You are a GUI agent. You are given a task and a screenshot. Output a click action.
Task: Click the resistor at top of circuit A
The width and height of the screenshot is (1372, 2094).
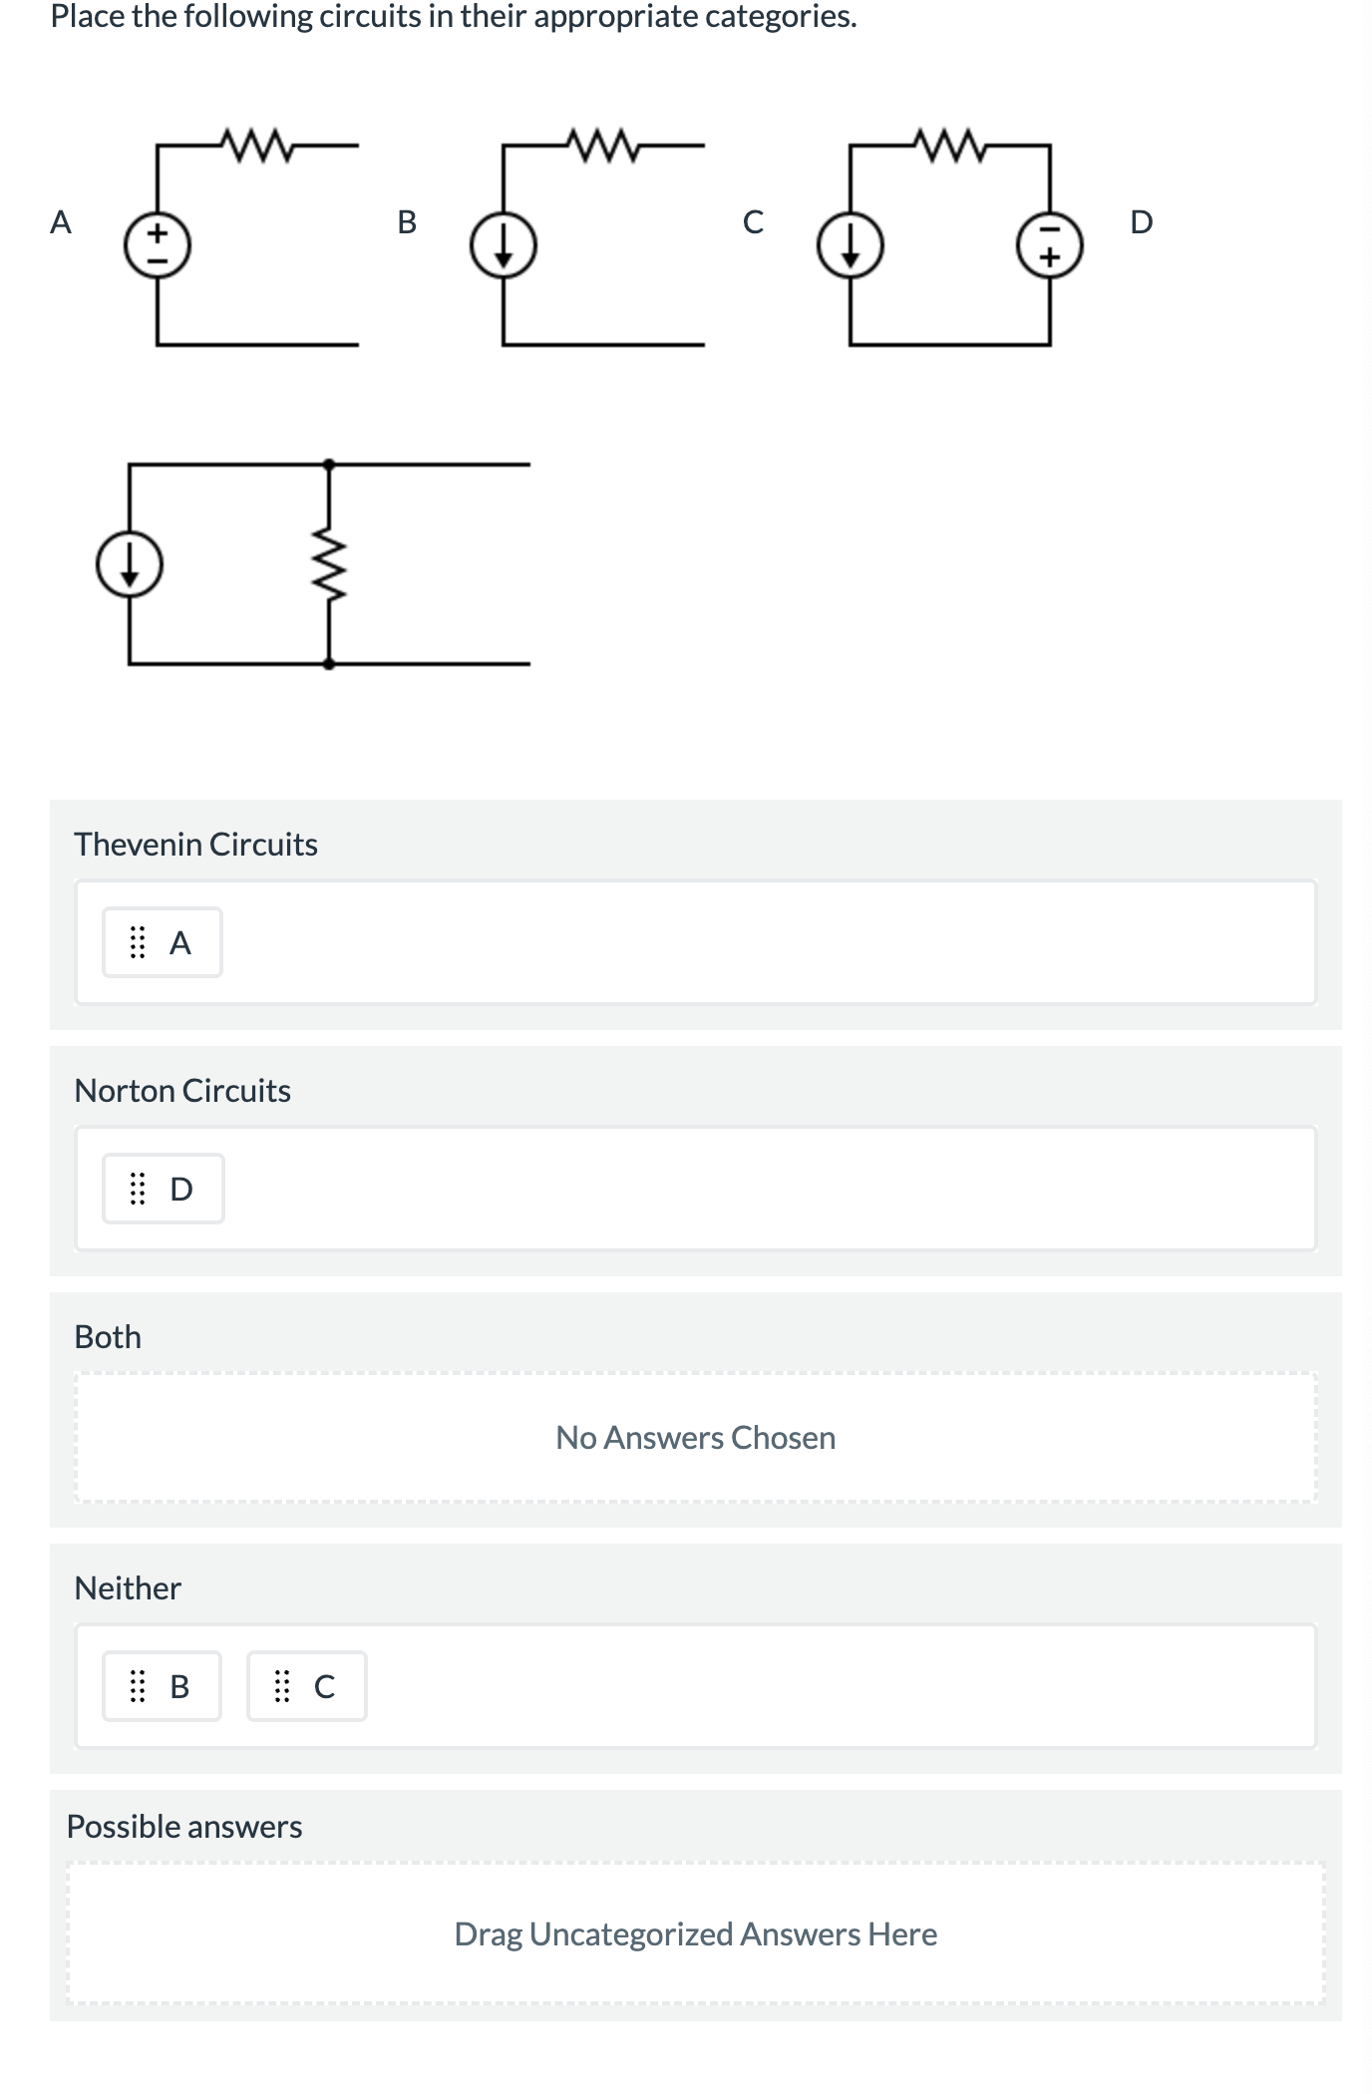[256, 146]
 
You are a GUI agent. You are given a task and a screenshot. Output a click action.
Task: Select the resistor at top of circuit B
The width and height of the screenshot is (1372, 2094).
[602, 146]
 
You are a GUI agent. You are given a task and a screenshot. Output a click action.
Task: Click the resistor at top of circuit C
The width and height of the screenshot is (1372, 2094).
[949, 146]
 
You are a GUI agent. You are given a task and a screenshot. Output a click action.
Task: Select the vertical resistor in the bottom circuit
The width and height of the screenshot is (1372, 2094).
[329, 564]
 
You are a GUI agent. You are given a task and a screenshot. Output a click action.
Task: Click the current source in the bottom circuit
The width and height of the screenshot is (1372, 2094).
[130, 564]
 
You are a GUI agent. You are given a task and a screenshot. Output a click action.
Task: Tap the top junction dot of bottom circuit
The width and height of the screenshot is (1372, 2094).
[329, 464]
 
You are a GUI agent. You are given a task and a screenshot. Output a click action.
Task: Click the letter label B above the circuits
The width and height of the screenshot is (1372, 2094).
[407, 221]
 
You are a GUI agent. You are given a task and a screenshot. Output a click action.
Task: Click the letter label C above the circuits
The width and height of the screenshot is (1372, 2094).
[754, 221]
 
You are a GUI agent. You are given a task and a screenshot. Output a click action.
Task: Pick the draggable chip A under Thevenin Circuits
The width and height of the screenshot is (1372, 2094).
[162, 942]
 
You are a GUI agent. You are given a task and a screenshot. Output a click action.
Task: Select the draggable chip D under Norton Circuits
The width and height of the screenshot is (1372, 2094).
[163, 1189]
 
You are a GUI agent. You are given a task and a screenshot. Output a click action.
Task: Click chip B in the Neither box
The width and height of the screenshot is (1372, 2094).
[162, 1686]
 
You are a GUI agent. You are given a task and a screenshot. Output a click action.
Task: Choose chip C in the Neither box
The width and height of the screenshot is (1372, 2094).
[306, 1686]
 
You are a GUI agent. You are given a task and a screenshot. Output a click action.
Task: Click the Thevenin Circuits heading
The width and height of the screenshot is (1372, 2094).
[195, 845]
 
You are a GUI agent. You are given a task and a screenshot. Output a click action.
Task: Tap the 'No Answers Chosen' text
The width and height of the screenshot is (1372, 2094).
[695, 1438]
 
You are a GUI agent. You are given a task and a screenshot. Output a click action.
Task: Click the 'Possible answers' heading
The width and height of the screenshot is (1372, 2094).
[184, 1827]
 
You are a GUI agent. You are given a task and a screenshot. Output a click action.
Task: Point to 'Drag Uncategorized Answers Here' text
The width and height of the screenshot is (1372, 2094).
[695, 1934]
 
